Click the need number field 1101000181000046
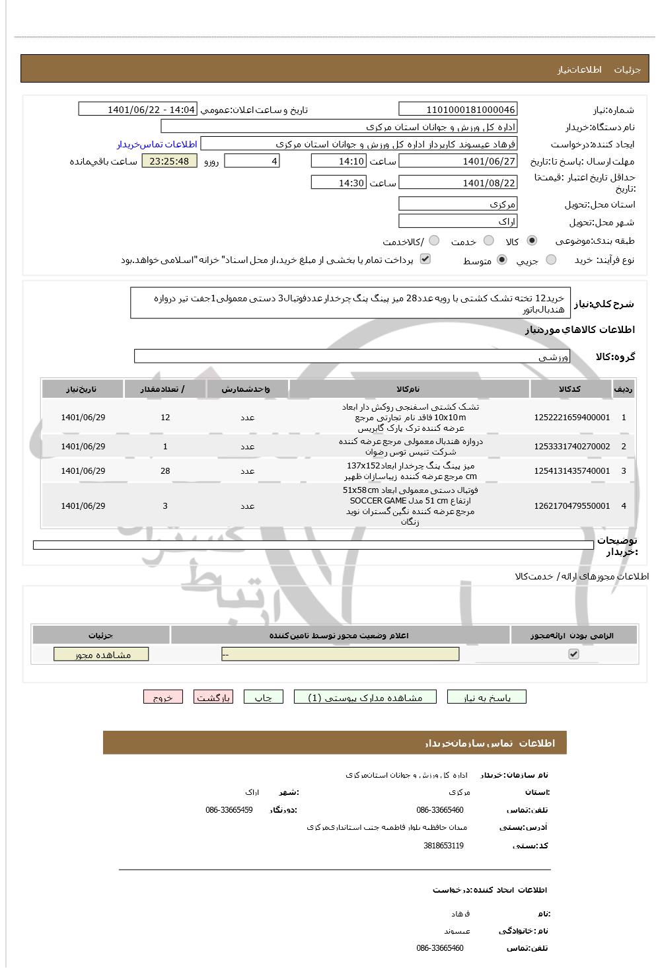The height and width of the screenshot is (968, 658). [458, 110]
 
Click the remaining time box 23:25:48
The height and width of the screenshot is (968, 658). [169, 161]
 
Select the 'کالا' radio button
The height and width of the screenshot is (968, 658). [532, 241]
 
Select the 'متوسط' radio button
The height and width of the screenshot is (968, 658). [502, 260]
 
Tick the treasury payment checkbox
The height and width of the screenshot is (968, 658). [425, 259]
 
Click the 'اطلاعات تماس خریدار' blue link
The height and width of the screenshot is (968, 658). [157, 144]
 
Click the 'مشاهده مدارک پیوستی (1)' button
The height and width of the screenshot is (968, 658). [365, 697]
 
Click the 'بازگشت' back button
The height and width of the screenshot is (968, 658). [213, 697]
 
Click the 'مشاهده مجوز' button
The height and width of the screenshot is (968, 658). [101, 654]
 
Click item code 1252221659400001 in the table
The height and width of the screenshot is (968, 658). [571, 418]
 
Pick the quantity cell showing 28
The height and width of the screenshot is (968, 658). [165, 471]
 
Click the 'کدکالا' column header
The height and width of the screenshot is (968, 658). [570, 389]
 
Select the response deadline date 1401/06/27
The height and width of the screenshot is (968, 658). [458, 161]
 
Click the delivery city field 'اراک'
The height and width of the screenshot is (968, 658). [458, 221]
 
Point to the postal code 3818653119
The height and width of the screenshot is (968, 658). [443, 846]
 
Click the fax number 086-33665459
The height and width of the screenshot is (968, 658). [229, 810]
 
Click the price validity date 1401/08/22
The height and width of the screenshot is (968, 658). [458, 183]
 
